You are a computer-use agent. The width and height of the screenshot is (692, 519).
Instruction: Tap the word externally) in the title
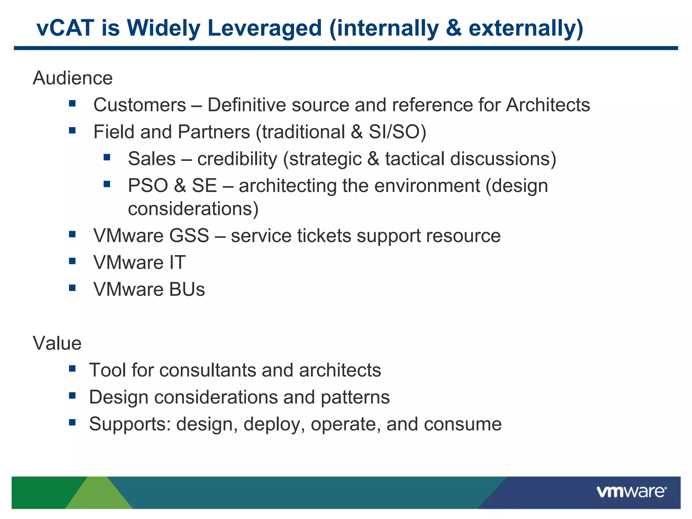(x=526, y=28)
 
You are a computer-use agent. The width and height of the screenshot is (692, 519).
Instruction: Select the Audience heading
(x=73, y=78)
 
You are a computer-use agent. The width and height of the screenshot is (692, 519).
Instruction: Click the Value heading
(x=57, y=344)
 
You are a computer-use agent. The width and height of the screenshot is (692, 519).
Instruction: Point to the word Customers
(x=140, y=105)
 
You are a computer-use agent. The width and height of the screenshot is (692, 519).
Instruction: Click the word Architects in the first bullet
(x=548, y=105)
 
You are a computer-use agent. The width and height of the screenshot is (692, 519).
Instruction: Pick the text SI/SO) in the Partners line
(x=397, y=132)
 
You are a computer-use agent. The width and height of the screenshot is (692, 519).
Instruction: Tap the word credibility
(x=237, y=159)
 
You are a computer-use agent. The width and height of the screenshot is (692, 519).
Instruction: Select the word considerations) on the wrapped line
(x=193, y=209)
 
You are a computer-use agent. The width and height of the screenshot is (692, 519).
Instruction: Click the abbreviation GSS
(x=189, y=236)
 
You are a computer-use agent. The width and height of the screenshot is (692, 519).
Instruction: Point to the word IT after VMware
(x=177, y=263)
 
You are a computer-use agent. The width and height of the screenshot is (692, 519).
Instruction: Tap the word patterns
(x=355, y=397)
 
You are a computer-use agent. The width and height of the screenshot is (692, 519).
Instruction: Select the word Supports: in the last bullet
(x=130, y=424)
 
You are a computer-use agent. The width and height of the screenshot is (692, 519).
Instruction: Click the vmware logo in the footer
(x=631, y=492)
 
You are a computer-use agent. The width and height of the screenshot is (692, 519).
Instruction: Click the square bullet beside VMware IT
(x=72, y=261)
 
